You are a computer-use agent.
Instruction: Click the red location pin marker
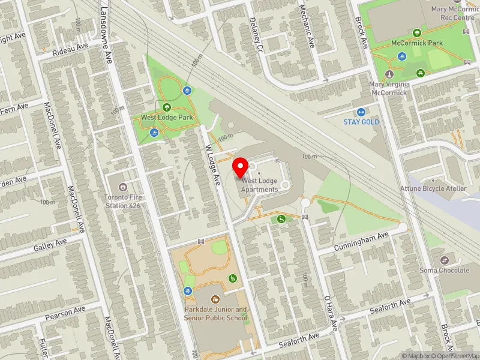point(241,167)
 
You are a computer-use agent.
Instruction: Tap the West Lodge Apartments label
point(260,185)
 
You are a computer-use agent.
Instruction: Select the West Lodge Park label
point(167,118)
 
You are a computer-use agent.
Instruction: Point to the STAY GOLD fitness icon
point(361,112)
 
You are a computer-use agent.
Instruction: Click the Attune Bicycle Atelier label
point(433,188)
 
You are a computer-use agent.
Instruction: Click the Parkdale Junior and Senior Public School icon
point(215,298)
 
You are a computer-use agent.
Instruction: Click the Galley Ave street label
point(50,244)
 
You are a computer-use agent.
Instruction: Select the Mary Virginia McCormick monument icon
point(389,74)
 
